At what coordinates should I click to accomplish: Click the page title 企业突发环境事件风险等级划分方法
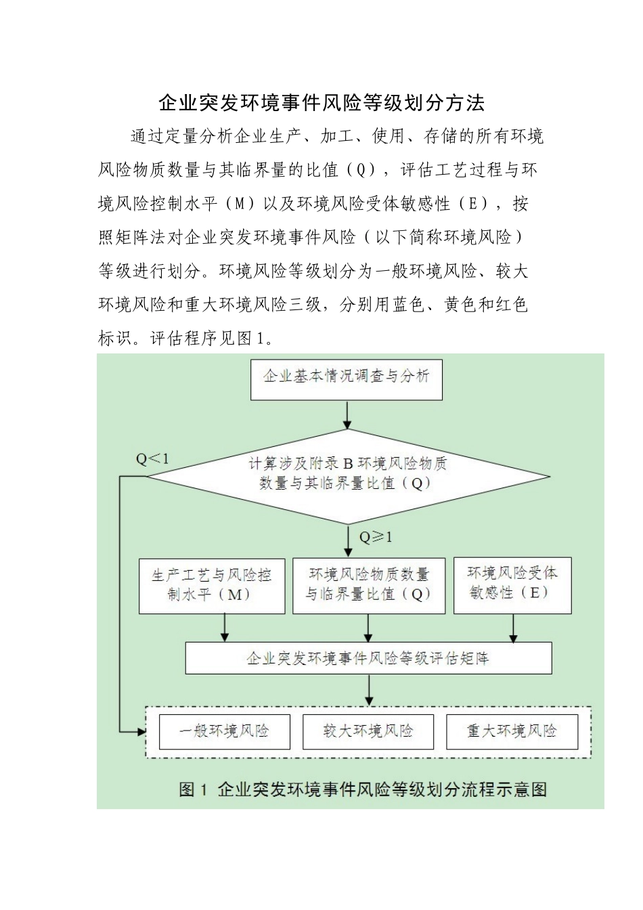click(x=321, y=103)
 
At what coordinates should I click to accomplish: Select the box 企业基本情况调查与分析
click(x=346, y=378)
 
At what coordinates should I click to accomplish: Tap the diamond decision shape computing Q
click(x=348, y=474)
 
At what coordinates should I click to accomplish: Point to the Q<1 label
click(x=152, y=460)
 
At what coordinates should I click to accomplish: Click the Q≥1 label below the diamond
click(x=376, y=538)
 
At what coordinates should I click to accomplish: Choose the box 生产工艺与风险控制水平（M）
click(x=212, y=586)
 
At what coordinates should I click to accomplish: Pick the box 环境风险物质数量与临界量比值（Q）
click(x=369, y=586)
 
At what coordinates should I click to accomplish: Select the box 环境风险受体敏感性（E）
click(x=512, y=584)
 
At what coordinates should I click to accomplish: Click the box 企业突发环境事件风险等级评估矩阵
click(x=368, y=658)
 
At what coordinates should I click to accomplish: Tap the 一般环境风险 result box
click(x=224, y=731)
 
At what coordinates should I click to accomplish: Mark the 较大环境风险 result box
click(x=368, y=731)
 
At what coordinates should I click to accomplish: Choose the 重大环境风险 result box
click(x=512, y=731)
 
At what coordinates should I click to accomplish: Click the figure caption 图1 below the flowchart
click(x=363, y=789)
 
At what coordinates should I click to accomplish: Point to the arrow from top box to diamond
click(x=347, y=414)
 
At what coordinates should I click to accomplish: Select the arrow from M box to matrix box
click(x=225, y=628)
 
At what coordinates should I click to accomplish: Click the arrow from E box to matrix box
click(x=513, y=628)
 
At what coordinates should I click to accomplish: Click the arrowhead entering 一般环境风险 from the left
click(x=141, y=732)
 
